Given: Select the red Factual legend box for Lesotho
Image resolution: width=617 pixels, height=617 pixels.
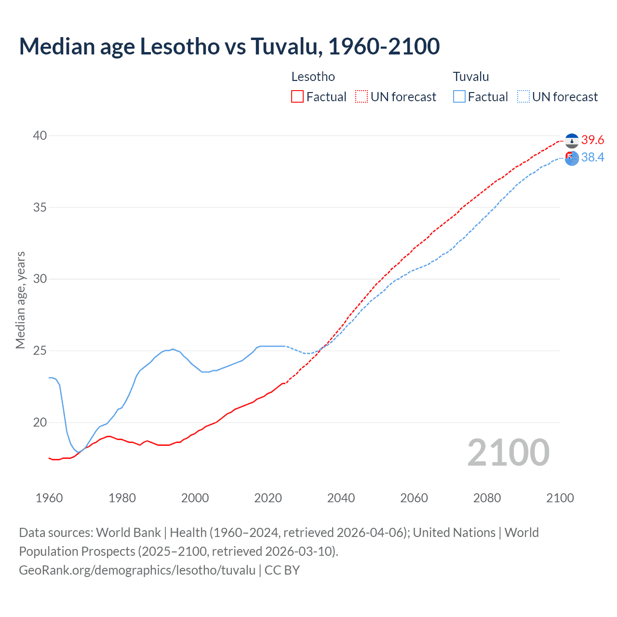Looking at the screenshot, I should click(x=297, y=97).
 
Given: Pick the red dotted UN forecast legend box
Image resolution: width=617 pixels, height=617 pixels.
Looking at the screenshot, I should click(x=362, y=97).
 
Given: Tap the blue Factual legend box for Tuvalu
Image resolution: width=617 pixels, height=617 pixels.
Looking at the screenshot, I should click(x=459, y=97).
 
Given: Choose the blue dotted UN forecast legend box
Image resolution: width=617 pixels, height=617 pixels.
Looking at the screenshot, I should click(x=523, y=97).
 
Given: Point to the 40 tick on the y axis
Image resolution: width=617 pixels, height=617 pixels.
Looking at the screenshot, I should click(x=40, y=136).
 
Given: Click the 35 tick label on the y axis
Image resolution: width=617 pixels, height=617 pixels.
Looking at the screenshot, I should click(x=40, y=208).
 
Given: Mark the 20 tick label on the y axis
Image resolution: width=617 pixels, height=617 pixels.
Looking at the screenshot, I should click(x=40, y=423).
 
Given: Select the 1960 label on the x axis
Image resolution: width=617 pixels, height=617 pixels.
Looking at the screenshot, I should click(x=49, y=498).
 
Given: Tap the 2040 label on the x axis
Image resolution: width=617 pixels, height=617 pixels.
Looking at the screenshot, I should click(x=341, y=498).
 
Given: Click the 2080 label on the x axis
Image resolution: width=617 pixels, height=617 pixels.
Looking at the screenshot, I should click(x=487, y=498).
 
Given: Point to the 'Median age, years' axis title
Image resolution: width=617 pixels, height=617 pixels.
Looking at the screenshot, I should click(x=20, y=300).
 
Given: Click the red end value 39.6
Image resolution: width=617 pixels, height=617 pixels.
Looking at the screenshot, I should click(x=592, y=140).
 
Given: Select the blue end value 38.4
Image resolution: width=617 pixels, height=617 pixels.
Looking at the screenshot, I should click(x=592, y=158).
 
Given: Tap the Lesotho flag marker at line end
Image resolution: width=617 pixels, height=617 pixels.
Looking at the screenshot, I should click(x=572, y=141).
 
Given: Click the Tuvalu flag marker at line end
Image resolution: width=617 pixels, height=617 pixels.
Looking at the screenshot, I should click(x=572, y=158).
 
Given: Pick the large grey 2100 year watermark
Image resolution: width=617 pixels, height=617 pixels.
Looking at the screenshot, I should click(x=508, y=453).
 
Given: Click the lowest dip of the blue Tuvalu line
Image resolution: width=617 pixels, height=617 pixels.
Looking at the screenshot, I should click(x=79, y=452).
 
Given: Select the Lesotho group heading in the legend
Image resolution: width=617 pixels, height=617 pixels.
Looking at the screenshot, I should click(x=313, y=77).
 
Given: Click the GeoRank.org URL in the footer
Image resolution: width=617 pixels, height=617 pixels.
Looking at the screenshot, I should click(x=137, y=570).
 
